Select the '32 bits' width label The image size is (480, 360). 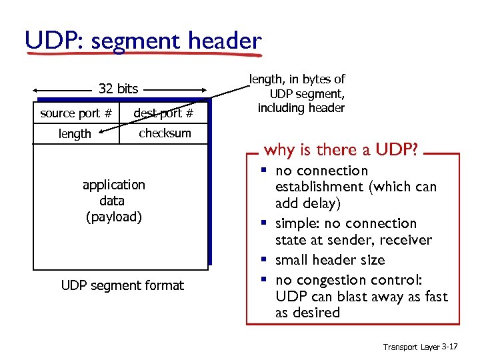[x=118, y=89]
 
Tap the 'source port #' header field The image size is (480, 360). [x=75, y=113]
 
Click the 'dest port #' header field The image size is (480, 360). [x=163, y=113]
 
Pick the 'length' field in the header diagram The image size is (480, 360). [x=75, y=134]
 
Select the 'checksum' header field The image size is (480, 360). [x=165, y=133]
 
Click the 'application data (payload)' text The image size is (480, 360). [x=113, y=200]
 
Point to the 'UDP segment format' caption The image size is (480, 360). [x=122, y=285]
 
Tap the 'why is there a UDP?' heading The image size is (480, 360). [x=341, y=149]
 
